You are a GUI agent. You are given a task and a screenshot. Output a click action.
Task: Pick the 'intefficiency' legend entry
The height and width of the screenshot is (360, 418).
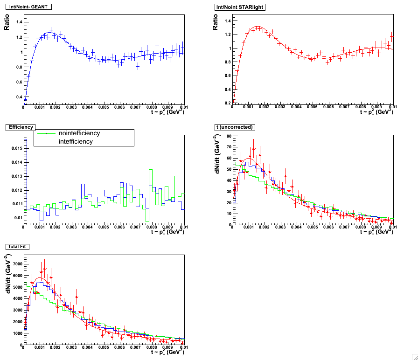76,141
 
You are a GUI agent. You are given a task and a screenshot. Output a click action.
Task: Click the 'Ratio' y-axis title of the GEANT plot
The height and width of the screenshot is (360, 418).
7,22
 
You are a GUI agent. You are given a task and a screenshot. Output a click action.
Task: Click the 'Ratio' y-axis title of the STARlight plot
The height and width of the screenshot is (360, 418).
216,22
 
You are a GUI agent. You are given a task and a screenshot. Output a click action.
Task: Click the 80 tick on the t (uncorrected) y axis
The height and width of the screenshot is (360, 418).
229,136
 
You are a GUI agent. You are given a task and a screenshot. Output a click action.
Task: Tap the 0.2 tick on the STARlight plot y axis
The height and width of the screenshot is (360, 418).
227,103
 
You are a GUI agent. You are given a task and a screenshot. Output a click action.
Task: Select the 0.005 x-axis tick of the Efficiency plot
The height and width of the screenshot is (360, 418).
103,227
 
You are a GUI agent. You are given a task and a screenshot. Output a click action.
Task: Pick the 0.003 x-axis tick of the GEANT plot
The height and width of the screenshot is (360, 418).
71,108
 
